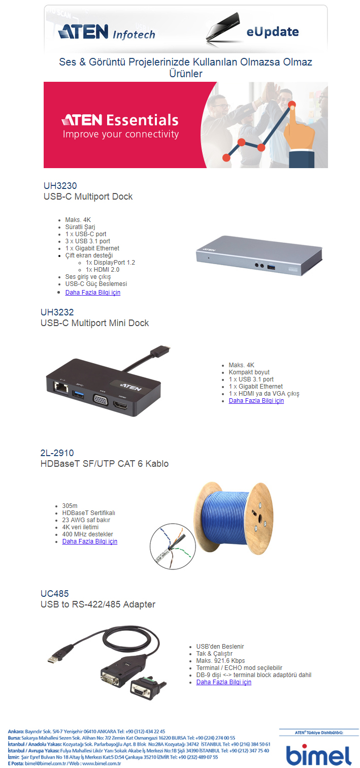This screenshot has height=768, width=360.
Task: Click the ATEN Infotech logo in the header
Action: tap(107, 32)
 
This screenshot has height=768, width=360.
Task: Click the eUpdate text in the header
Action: tap(273, 32)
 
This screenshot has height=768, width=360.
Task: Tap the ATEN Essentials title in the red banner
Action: tap(120, 120)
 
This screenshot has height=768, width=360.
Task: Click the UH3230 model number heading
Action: tap(60, 186)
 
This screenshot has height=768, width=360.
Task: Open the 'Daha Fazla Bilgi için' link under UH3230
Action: tap(92, 293)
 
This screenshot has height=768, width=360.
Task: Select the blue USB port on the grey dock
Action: tap(271, 266)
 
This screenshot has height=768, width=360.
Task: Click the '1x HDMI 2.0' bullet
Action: tap(103, 270)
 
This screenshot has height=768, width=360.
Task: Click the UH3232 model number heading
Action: tap(57, 312)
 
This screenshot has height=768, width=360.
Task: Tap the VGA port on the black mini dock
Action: tap(102, 401)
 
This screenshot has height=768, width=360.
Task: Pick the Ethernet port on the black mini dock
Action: tap(61, 389)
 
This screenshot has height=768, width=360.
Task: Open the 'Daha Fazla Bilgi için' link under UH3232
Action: tap(256, 401)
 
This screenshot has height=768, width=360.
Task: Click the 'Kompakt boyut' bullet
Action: tap(249, 372)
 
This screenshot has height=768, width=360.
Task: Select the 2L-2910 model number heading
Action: tap(57, 453)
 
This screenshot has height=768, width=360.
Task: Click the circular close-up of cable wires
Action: tap(173, 547)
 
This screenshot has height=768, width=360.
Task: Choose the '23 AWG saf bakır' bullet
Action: tap(86, 520)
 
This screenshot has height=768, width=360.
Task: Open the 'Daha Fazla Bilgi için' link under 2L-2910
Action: tap(89, 541)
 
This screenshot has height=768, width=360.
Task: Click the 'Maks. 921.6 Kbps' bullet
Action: tap(220, 661)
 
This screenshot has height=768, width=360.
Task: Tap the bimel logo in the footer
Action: tap(319, 755)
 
